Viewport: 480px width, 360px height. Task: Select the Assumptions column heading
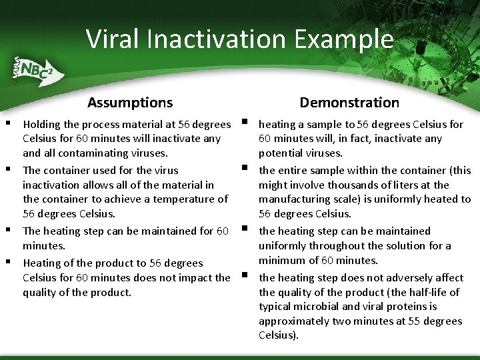[130, 102]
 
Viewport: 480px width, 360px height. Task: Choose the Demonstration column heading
[349, 102]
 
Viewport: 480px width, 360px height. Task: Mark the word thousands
[343, 185]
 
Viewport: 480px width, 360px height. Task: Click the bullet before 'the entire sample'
[245, 168]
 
